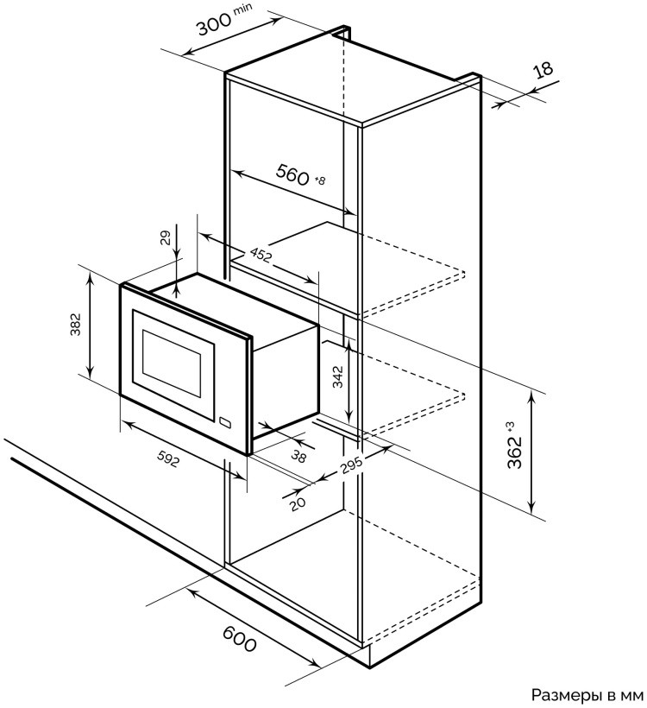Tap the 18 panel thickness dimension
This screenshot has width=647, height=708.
click(543, 70)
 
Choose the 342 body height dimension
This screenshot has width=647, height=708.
click(337, 376)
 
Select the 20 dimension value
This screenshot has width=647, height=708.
click(298, 503)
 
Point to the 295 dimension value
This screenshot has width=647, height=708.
click(349, 464)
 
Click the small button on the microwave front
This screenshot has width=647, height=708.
click(227, 423)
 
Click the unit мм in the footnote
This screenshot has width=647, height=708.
click(632, 694)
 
